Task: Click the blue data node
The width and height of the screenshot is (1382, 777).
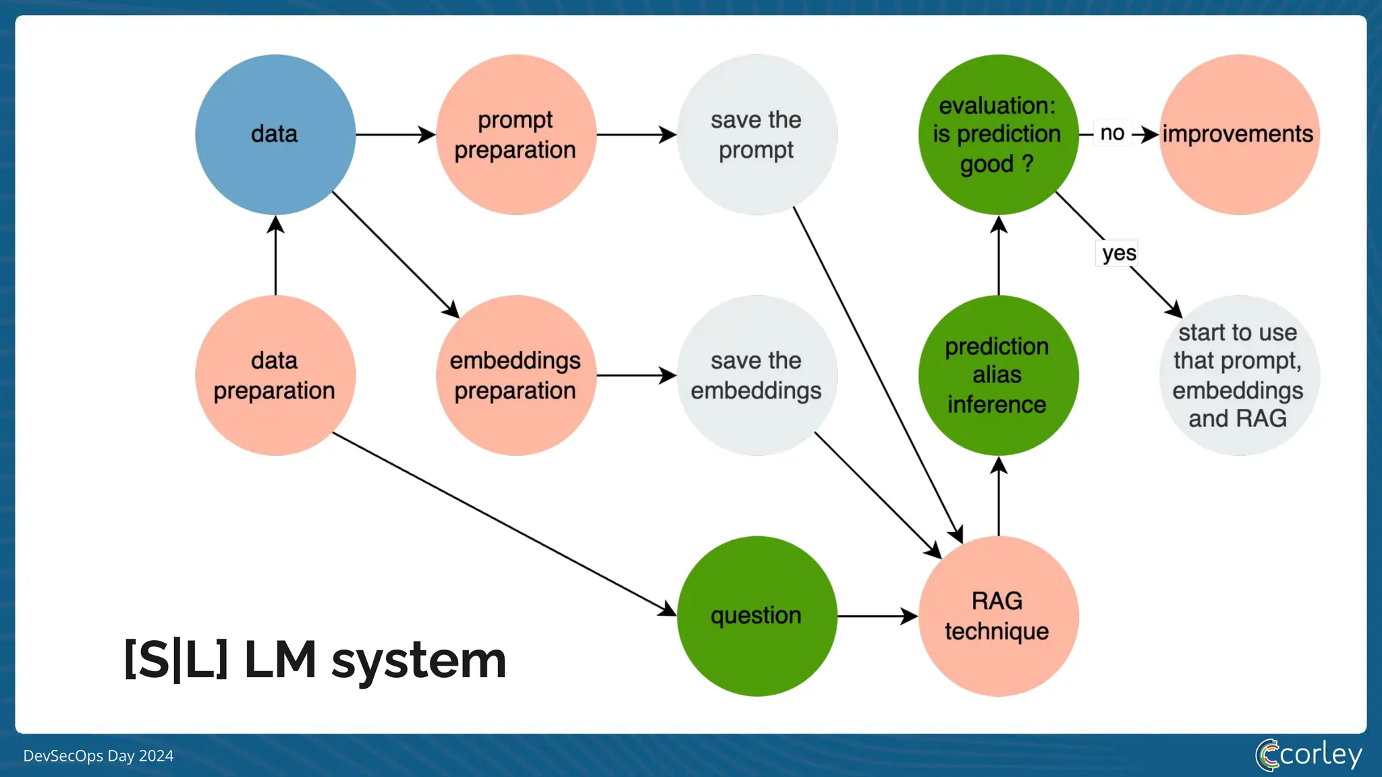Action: (275, 134)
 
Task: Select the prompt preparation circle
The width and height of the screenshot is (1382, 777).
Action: (516, 134)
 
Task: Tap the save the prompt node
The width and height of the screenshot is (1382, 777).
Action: (756, 134)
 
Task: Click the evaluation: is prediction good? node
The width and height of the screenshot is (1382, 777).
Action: (997, 134)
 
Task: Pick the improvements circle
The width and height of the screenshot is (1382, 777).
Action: (1238, 134)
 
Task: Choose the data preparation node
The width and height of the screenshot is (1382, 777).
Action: (275, 375)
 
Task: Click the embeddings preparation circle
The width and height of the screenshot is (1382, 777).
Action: (516, 375)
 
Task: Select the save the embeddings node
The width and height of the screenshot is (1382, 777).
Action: (756, 375)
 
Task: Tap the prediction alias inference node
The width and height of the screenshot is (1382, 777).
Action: (997, 375)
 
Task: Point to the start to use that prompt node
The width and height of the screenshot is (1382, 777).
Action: (1238, 375)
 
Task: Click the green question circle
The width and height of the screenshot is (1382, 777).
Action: (756, 616)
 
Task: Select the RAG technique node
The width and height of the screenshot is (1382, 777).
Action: (997, 616)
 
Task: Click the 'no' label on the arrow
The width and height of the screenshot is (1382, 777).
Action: (1112, 133)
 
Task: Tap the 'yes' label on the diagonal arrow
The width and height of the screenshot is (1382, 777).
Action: (1118, 253)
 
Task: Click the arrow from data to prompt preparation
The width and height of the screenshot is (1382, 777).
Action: (395, 134)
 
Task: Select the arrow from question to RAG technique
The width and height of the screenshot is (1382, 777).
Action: (876, 616)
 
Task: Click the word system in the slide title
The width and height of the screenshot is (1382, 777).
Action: (418, 661)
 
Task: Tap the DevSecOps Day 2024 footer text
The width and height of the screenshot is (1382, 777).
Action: (99, 755)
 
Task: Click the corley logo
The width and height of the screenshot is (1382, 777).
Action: (1308, 754)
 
